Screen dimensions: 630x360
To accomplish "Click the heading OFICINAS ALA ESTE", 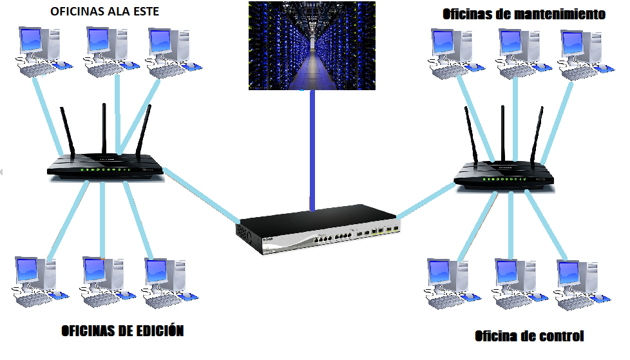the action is pos(104,11).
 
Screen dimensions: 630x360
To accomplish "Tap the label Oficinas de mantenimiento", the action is pos(524,14).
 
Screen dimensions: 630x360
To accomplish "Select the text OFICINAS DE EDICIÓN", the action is pos(122,330).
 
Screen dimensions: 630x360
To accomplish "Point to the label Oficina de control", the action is pos(529,336).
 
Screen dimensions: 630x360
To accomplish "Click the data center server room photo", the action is pos(312,46).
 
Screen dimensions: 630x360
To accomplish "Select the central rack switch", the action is pos(318,229).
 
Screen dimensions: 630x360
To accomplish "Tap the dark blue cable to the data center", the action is pos(312,150).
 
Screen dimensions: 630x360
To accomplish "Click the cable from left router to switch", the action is pos(202,195).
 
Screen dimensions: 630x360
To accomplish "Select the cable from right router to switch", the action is pos(426,200).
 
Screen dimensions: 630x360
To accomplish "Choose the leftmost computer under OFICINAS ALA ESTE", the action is pos(44,52).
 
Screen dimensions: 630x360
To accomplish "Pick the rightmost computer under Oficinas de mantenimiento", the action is pos(586,55).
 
